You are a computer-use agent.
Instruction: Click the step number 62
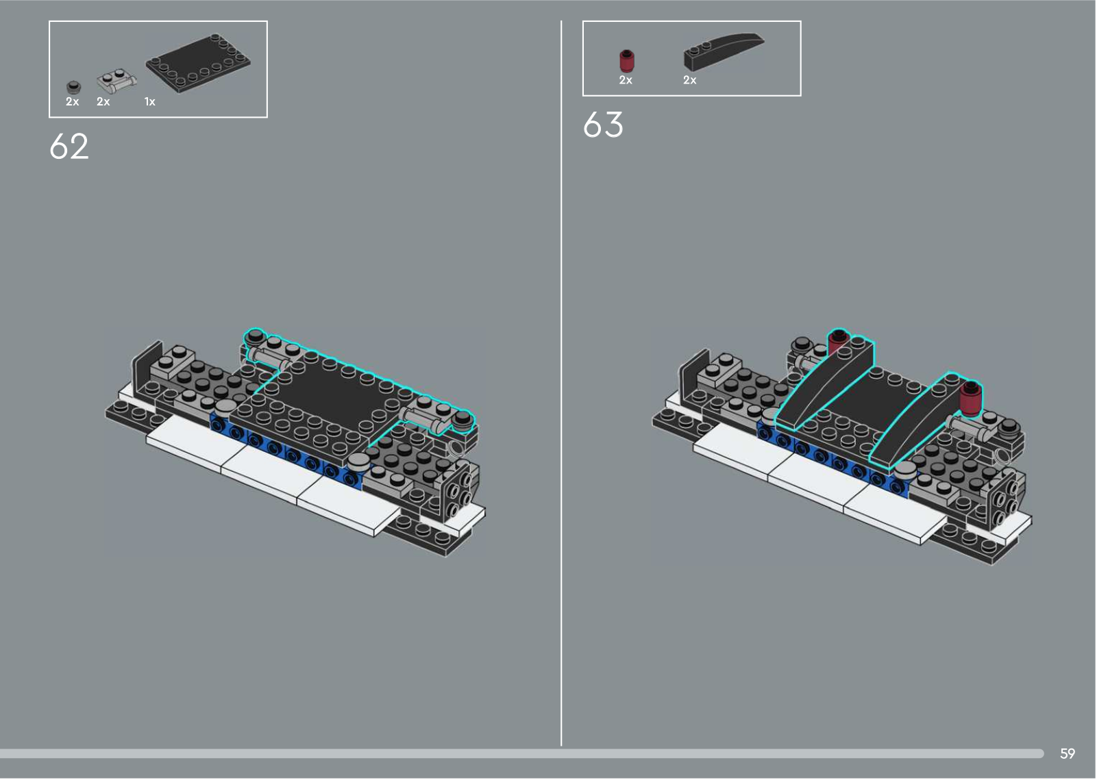pyautogui.click(x=69, y=146)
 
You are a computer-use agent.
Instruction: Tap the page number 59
pyautogui.click(x=1068, y=753)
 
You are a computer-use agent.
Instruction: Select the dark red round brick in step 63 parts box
pyautogui.click(x=626, y=61)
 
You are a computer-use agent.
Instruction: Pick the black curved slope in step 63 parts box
pyautogui.click(x=723, y=51)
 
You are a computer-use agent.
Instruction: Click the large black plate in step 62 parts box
pyautogui.click(x=198, y=63)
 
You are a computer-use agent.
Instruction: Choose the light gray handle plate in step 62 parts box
pyautogui.click(x=116, y=81)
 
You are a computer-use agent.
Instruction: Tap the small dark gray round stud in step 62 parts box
pyautogui.click(x=73, y=86)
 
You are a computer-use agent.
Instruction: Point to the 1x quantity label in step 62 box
pyautogui.click(x=150, y=102)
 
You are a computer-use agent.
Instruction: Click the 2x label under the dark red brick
pyautogui.click(x=626, y=80)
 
